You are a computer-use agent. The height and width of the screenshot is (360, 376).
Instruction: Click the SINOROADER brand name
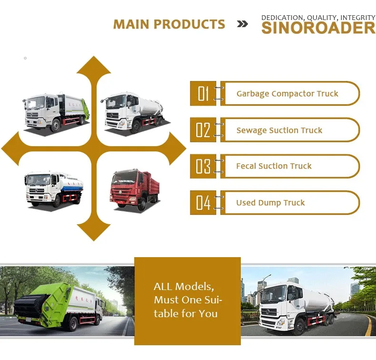318,28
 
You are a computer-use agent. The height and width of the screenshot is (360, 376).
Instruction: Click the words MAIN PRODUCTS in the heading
169,24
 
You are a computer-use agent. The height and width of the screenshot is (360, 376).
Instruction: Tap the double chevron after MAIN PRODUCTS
242,24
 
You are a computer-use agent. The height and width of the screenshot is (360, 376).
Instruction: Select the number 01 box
203,93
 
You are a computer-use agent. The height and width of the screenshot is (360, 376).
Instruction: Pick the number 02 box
203,130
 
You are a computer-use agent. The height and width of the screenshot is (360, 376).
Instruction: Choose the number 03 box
203,166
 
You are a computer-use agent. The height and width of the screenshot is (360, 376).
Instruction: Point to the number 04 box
203,202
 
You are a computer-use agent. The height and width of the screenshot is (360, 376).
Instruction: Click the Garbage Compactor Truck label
287,93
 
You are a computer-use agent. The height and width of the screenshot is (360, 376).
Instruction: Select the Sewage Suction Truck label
279,130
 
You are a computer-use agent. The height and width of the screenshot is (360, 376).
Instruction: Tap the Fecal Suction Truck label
274,166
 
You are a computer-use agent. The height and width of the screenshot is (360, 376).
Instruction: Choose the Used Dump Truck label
270,203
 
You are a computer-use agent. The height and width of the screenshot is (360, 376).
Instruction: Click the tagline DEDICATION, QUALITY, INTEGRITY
318,18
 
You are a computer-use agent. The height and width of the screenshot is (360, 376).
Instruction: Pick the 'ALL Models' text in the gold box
184,287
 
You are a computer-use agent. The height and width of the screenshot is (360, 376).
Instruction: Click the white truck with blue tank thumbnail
53,188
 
